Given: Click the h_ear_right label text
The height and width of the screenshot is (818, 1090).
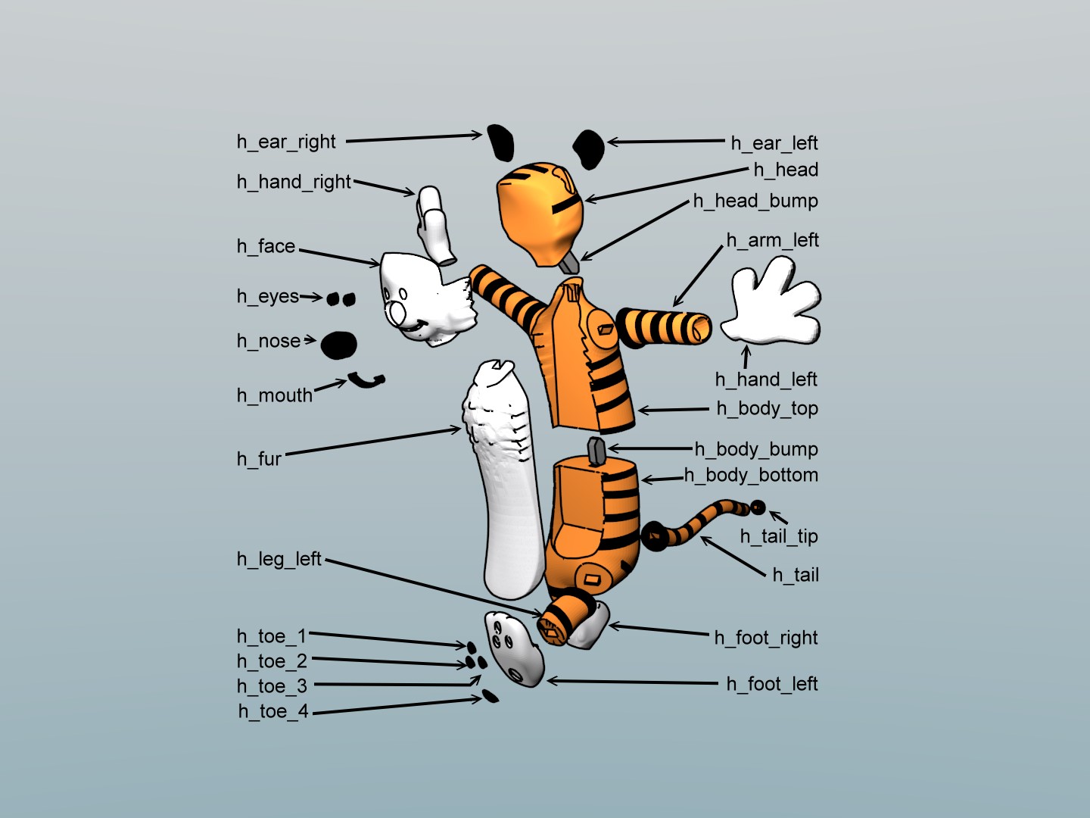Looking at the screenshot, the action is (x=286, y=142).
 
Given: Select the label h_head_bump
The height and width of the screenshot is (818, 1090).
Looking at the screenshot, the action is (x=755, y=201).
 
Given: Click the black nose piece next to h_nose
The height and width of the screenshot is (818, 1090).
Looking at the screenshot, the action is (x=338, y=345).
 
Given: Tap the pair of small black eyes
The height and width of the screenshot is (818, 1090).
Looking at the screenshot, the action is (x=341, y=299).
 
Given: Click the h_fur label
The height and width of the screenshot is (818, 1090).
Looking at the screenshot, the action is (x=259, y=459).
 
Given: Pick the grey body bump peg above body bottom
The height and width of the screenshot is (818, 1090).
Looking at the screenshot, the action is (x=596, y=451).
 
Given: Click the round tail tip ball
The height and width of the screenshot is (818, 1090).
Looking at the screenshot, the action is (x=758, y=507).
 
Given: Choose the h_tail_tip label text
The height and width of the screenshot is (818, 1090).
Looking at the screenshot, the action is (x=779, y=536).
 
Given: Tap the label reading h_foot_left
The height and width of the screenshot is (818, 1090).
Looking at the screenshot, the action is (x=771, y=684).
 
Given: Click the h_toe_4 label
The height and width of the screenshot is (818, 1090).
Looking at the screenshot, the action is (x=273, y=711).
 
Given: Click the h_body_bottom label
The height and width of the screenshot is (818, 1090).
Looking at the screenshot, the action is (x=751, y=476).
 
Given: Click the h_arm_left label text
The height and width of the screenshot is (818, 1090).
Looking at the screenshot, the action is (x=772, y=240).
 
